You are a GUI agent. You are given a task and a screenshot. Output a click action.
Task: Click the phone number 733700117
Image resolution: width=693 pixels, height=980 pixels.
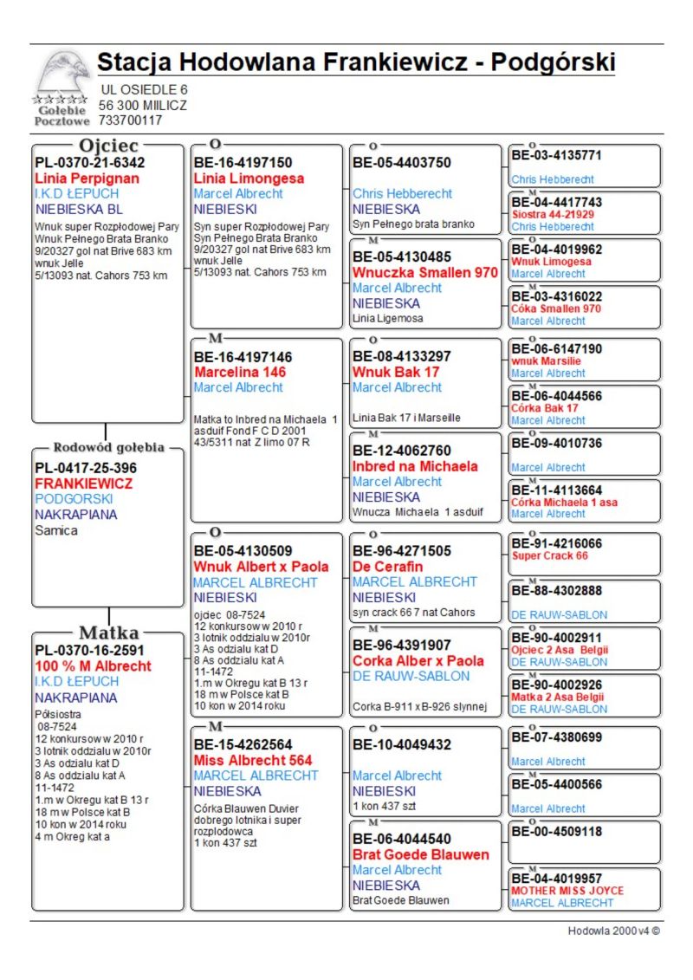click(130, 120)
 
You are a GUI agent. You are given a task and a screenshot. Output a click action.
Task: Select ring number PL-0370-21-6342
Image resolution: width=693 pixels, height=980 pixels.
click(90, 162)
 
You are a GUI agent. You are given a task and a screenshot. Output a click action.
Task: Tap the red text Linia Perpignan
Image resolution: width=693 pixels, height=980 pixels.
click(87, 178)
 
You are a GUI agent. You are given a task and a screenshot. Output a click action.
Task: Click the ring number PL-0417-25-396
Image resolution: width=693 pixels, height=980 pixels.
click(86, 468)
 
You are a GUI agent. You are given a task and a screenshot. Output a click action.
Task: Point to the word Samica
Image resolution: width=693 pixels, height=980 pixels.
click(56, 530)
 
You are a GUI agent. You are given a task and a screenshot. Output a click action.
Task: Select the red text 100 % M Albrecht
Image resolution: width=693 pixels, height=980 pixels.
click(93, 666)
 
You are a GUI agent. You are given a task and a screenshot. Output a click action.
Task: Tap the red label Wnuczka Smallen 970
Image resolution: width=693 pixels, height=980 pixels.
click(425, 272)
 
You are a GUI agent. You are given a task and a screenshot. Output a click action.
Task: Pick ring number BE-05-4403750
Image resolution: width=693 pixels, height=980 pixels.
click(402, 162)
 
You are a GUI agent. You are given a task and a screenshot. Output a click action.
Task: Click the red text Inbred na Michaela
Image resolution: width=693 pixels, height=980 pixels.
click(415, 466)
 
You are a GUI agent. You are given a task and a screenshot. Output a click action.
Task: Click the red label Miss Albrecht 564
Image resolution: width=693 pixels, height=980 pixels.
click(253, 760)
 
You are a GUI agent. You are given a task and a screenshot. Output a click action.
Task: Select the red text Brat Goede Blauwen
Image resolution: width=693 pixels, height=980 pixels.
click(421, 854)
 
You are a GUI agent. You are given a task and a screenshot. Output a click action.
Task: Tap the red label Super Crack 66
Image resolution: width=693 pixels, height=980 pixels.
click(550, 555)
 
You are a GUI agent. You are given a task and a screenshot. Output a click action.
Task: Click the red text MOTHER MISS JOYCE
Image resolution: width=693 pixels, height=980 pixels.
click(567, 891)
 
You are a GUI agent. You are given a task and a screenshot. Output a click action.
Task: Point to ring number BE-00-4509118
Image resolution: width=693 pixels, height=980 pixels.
click(556, 831)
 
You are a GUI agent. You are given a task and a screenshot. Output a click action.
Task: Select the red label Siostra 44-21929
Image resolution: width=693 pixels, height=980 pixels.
click(553, 214)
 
